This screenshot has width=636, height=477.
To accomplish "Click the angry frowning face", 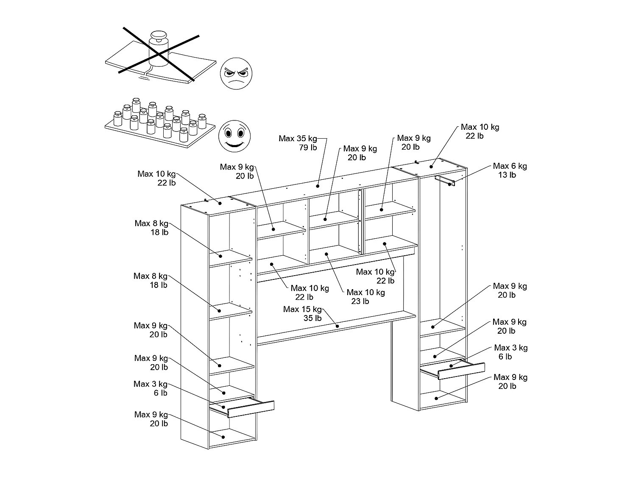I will pos(236,73).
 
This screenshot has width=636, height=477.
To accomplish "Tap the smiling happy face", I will pos(234,136).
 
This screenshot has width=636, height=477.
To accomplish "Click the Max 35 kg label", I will pos(298,139).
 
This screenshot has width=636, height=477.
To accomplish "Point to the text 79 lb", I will pos(308,148).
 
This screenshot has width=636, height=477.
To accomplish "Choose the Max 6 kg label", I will pos(510,166).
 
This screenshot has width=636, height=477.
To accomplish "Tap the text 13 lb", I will pos(507,175).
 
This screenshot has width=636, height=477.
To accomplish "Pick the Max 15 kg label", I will pos(302,310).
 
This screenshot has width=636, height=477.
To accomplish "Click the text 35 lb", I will pos(312,318).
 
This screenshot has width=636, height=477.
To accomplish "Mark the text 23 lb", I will pos(360,301).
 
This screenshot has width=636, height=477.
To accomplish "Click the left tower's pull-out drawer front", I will pos(251,409).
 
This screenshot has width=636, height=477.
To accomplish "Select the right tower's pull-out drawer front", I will pos(461,371).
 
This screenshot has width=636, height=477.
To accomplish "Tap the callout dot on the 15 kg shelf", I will pos(337,326).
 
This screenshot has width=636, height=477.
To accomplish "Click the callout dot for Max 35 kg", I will pos(318,186).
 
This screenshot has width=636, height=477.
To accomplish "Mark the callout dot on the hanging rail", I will pos(449,184).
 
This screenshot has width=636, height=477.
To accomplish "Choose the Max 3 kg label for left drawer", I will pos(151,384).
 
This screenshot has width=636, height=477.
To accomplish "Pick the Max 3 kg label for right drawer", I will pos(510,348).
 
